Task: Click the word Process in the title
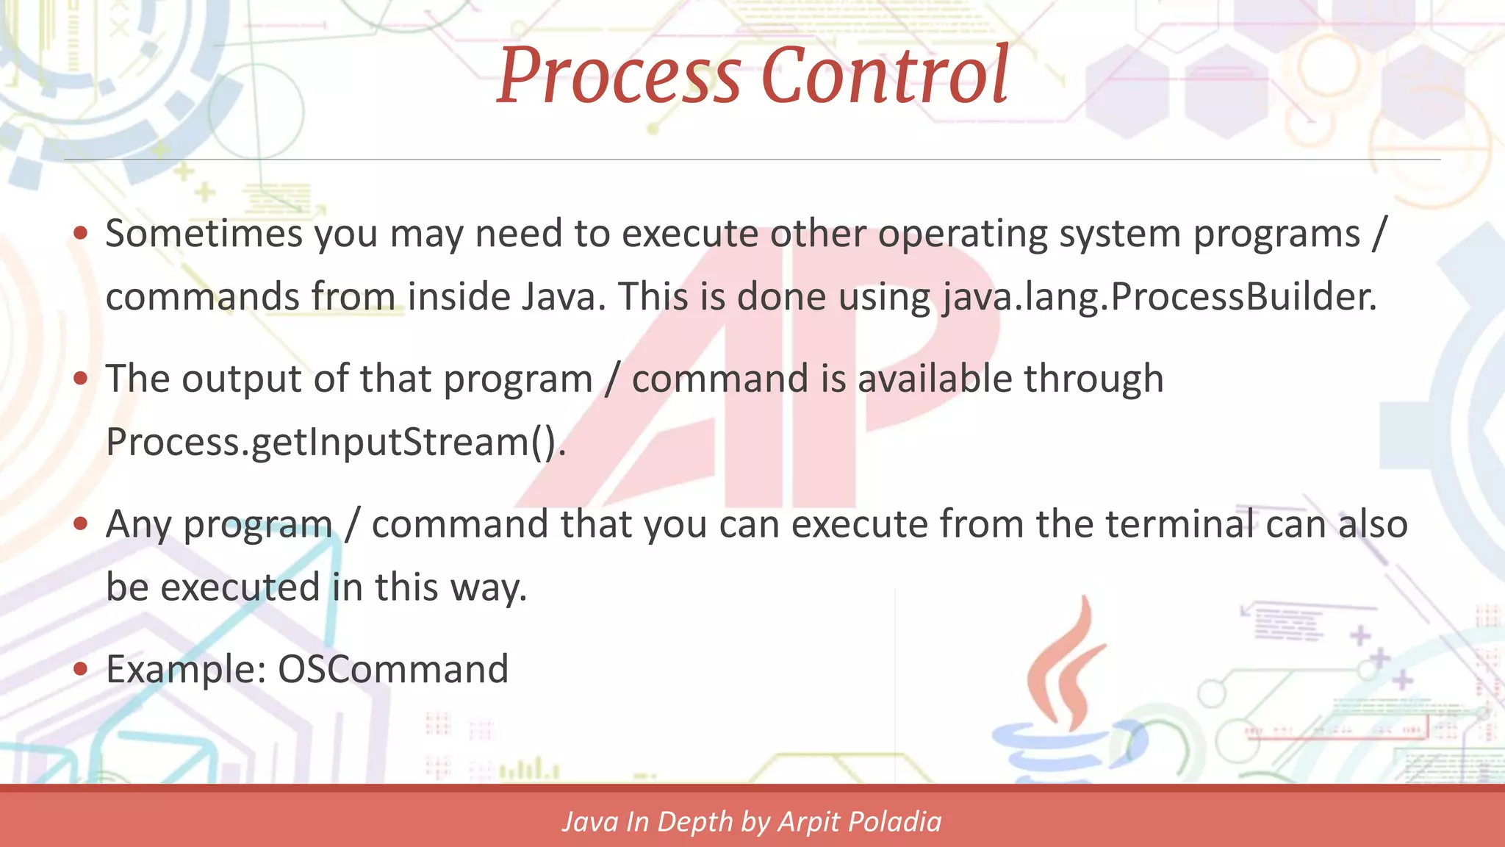[619, 77]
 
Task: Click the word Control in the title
[884, 76]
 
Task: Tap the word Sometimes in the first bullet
[204, 235]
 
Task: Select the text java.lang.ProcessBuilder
[1159, 298]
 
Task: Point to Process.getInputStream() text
[336, 443]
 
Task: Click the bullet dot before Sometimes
[81, 234]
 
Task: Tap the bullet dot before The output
[81, 379]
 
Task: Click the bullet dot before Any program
[81, 524]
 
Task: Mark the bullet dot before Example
[81, 669]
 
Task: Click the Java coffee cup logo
[1065, 698]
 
